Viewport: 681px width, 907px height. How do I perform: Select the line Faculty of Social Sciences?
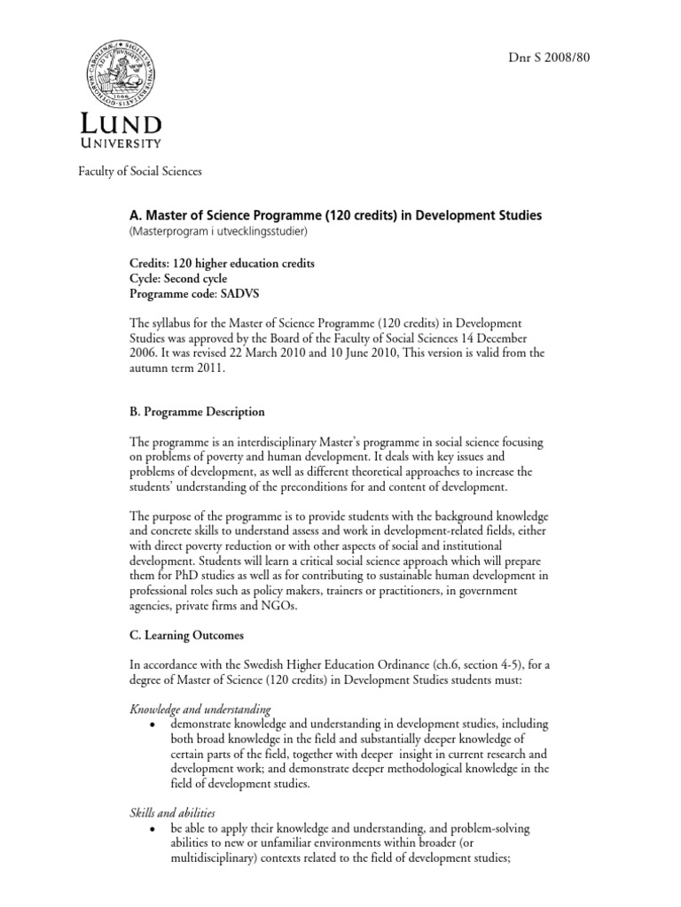click(x=140, y=170)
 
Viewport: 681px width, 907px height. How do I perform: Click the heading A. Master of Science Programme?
click(x=336, y=215)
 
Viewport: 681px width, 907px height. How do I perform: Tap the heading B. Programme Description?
click(x=196, y=412)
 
